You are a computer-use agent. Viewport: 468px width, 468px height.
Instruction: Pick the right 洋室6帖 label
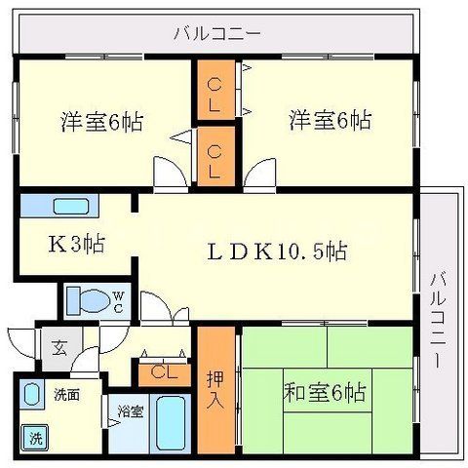point(329,122)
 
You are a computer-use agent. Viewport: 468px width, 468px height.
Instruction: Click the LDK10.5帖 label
point(278,251)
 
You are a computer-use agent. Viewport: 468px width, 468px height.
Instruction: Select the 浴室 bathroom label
point(130,410)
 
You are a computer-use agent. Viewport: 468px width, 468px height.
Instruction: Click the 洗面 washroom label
point(66,395)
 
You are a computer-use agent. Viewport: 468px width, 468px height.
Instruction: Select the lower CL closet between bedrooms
point(214,156)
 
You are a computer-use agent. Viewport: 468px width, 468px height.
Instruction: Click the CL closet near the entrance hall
point(159,371)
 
